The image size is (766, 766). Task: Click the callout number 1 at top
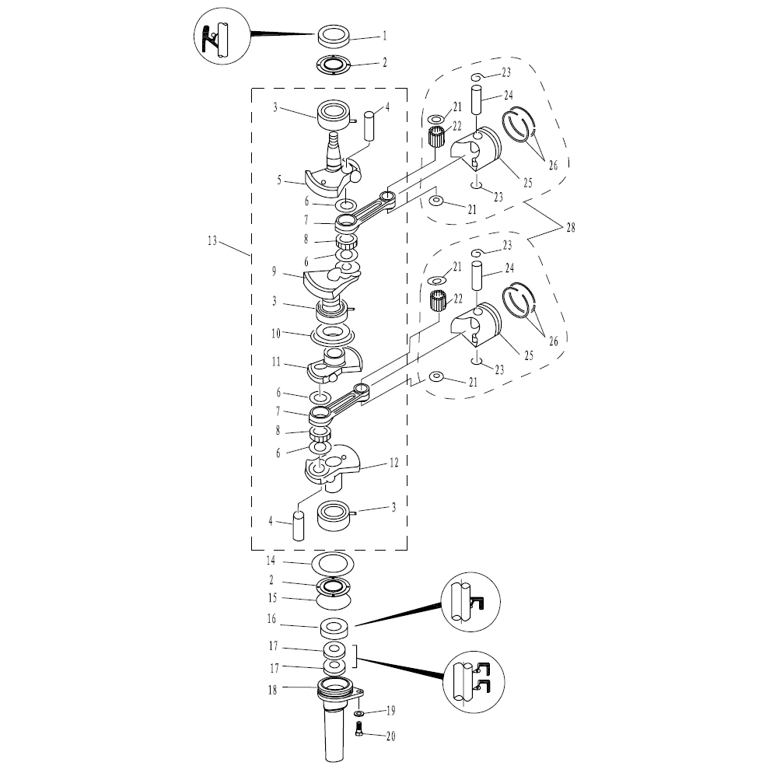384,36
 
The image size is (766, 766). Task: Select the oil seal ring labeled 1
334,37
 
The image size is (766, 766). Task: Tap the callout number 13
212,241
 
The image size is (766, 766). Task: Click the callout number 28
571,227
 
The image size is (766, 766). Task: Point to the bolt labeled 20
358,729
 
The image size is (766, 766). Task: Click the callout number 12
393,462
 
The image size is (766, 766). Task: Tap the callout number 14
271,561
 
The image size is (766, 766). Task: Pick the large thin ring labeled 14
333,563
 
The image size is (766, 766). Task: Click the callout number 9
274,271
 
